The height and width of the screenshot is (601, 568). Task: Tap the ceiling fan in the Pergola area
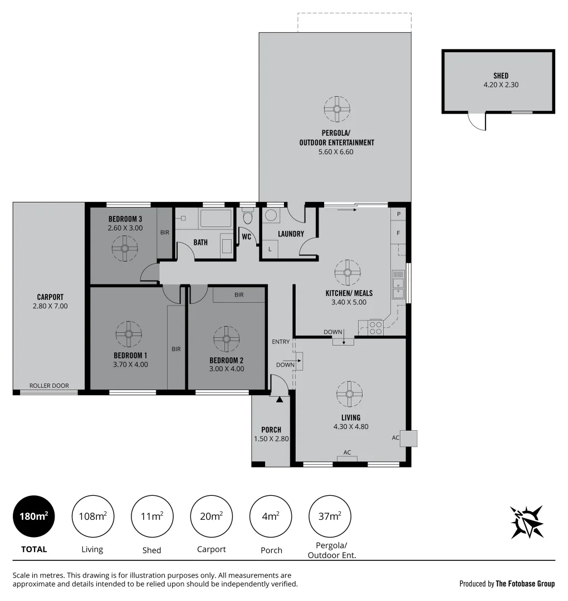(337, 109)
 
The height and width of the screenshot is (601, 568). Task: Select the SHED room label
(501, 76)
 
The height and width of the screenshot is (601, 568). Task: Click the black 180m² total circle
(34, 516)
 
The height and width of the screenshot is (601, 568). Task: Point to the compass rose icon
(527, 522)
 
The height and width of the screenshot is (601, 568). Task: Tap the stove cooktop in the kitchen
(375, 327)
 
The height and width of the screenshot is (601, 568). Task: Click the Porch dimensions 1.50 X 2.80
(271, 439)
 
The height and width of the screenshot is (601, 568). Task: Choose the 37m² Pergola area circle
(330, 516)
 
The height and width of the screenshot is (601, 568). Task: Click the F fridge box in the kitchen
(398, 233)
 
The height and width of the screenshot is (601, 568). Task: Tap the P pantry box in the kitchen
(398, 214)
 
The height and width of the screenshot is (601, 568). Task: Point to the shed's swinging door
(477, 120)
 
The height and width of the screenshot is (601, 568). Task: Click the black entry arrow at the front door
(280, 398)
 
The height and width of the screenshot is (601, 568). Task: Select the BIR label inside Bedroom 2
(239, 294)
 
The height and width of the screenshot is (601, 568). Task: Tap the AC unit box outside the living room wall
(411, 439)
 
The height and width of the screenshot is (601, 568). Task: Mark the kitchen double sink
(398, 284)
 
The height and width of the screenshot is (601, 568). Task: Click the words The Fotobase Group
(525, 584)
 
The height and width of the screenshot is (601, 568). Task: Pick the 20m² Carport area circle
(212, 516)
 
